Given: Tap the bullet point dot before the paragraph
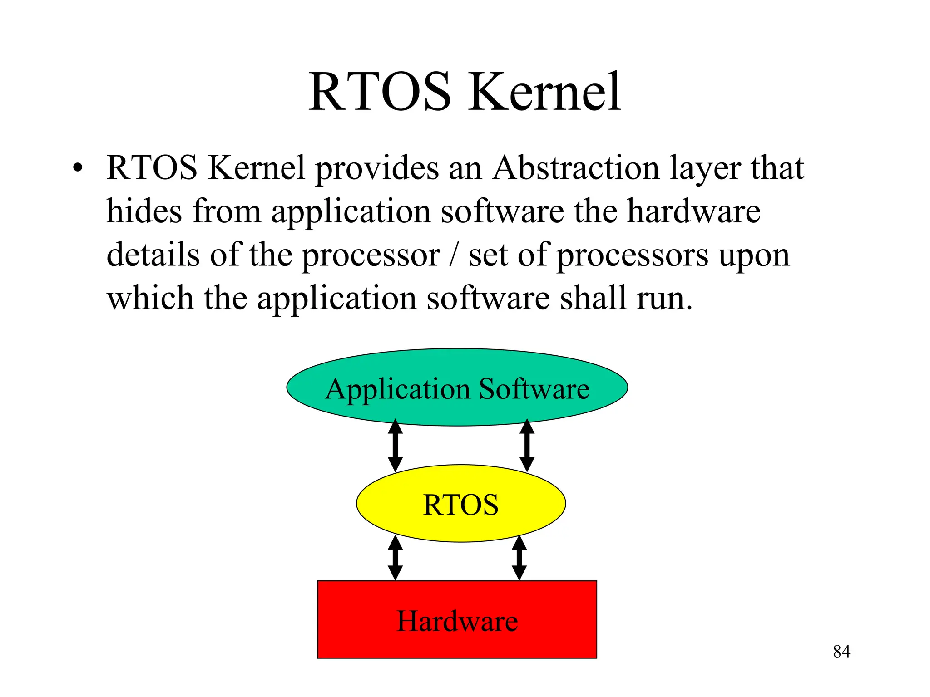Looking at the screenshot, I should click(x=78, y=168).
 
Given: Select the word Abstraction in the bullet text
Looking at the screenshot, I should click(x=576, y=168).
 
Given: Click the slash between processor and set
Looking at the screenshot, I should click(x=454, y=255).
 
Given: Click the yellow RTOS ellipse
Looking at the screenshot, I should click(x=460, y=522).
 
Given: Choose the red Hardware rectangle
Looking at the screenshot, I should click(x=457, y=640).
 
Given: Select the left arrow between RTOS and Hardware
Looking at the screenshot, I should click(x=396, y=558).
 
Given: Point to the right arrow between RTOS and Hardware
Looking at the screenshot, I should click(x=519, y=558).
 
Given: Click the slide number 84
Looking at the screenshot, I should click(x=841, y=652).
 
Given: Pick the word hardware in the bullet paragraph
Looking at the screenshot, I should click(x=693, y=211).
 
